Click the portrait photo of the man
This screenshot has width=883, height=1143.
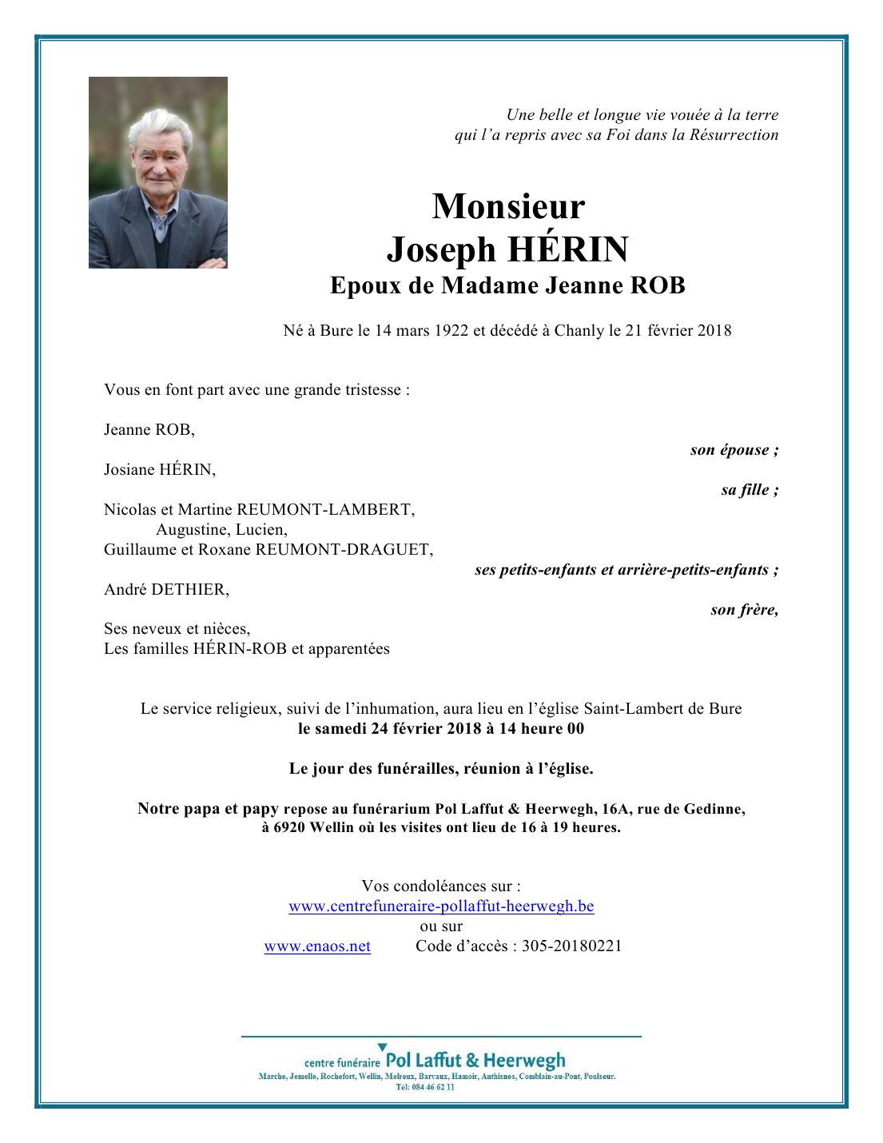[157, 172]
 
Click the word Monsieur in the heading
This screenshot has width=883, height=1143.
[508, 206]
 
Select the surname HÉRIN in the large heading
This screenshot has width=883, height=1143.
[568, 249]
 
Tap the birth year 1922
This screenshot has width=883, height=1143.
[451, 331]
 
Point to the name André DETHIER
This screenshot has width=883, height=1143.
[166, 590]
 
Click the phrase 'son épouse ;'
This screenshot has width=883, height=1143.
[734, 450]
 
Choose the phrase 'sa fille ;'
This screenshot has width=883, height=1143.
[749, 490]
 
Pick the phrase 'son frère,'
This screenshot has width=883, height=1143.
[744, 610]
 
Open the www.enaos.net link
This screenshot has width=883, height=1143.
[317, 946]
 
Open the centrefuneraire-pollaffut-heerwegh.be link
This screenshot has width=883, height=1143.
[441, 906]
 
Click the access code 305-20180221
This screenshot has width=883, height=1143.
[571, 946]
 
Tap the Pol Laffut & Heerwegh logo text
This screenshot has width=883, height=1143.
[475, 1061]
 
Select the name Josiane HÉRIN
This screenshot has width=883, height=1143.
[159, 470]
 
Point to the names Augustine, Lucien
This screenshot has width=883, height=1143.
[221, 530]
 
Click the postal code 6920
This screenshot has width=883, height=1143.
[290, 827]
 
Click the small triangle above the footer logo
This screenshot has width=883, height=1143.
[382, 1046]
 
